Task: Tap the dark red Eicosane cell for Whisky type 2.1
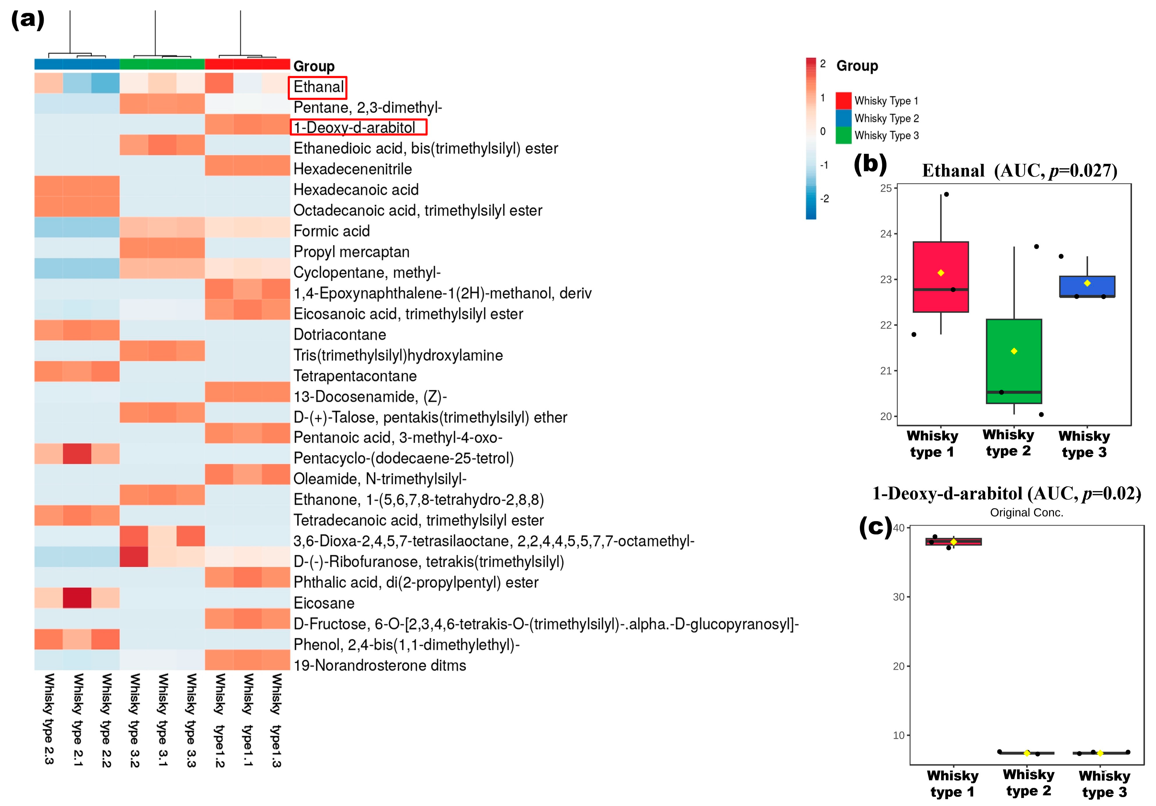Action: click(x=77, y=598)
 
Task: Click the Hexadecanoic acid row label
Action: click(x=356, y=190)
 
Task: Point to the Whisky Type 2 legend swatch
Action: click(x=843, y=118)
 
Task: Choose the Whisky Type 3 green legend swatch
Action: click(x=843, y=135)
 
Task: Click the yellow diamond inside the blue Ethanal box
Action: click(x=1087, y=283)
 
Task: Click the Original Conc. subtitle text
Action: click(x=1026, y=512)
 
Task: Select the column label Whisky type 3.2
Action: click(x=134, y=720)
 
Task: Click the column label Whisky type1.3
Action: click(x=276, y=720)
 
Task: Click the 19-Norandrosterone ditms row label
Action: click(x=380, y=666)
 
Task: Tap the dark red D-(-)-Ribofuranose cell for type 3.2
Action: click(x=134, y=556)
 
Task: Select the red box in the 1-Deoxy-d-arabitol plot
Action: click(x=953, y=541)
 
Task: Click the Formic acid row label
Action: click(x=331, y=231)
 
